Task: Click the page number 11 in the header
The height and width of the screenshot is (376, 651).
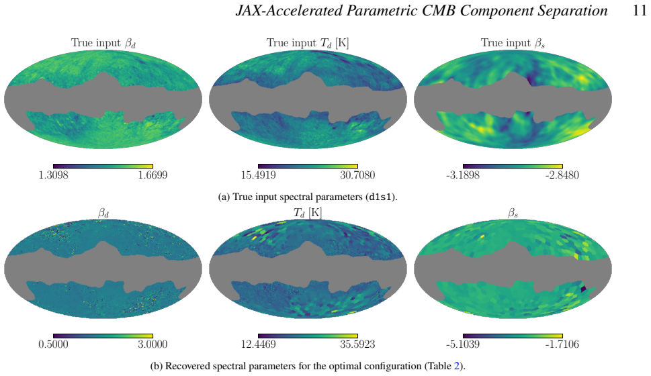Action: click(640, 10)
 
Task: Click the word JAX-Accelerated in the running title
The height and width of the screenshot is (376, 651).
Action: click(290, 11)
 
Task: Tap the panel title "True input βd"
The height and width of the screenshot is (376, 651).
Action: click(103, 43)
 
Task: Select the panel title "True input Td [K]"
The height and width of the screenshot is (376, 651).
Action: click(308, 43)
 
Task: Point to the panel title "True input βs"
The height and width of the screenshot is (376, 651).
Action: click(513, 43)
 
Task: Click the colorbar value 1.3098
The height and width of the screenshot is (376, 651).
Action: click(53, 175)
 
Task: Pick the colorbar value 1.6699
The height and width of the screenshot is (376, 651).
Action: click(153, 175)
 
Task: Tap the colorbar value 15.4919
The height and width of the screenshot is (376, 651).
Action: click(258, 175)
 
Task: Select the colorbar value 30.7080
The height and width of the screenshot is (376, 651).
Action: click(357, 175)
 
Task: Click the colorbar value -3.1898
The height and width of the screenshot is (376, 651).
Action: click(463, 175)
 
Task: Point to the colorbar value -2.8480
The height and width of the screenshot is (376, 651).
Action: click(562, 175)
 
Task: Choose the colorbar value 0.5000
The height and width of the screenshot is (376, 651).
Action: click(53, 344)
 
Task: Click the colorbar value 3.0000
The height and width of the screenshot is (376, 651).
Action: click(153, 344)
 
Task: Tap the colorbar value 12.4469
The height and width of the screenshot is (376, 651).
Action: click(258, 344)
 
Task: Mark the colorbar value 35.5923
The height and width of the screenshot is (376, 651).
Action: click(357, 344)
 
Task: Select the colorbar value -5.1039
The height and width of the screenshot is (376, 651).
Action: click(463, 344)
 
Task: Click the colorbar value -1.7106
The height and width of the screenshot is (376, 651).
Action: click(562, 344)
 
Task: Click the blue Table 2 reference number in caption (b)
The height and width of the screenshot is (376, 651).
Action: click(457, 366)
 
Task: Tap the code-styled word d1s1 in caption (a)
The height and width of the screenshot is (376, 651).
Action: click(380, 197)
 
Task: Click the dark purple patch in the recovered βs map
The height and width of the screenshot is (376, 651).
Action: click(584, 289)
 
